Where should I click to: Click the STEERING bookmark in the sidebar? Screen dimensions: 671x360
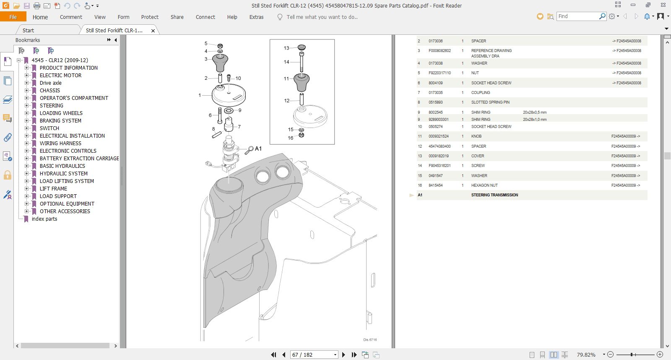pos(51,105)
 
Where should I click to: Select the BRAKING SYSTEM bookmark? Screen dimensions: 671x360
pos(60,120)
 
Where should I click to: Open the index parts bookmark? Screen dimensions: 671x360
pos(44,219)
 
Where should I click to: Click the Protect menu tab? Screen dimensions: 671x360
pos(150,17)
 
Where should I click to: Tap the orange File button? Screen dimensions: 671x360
pos(13,17)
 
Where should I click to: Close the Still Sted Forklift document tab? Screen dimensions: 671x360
pos(153,31)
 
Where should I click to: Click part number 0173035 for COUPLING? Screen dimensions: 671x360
pos(436,93)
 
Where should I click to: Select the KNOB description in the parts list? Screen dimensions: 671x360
pos(476,136)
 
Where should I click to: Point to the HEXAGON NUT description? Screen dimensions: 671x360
pos(484,185)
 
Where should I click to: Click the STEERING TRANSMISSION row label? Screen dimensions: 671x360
pos(494,195)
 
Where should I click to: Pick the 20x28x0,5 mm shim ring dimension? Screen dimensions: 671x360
pos(535,112)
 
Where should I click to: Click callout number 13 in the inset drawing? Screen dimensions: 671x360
pos(286,48)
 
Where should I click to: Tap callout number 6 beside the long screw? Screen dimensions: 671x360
pos(210,115)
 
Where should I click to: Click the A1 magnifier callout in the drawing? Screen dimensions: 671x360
pos(253,149)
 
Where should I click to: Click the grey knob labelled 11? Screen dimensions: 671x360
pos(302,82)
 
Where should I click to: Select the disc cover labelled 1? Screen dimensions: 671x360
pos(229,95)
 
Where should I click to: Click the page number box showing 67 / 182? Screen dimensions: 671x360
pos(314,355)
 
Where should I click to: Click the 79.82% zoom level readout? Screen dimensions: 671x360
pos(586,355)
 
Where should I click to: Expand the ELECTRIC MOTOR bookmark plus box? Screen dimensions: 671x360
pos(27,75)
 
